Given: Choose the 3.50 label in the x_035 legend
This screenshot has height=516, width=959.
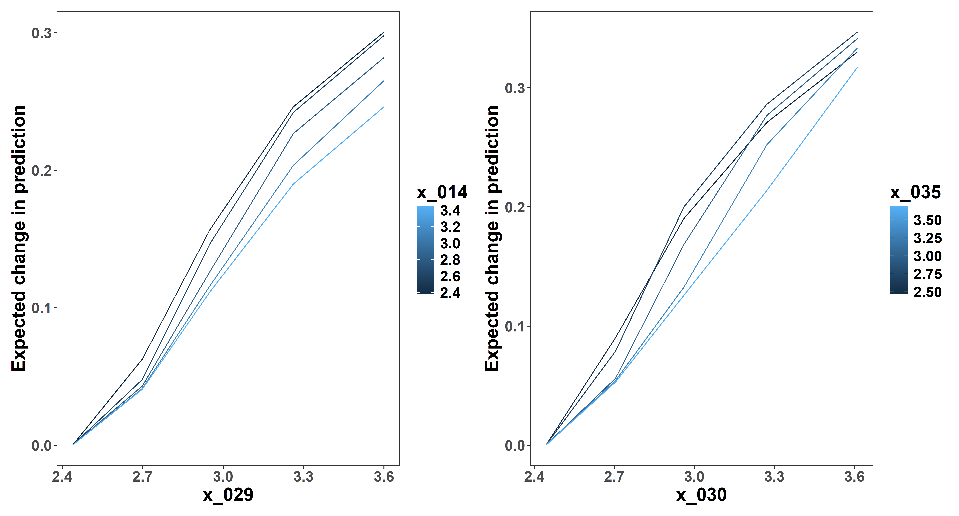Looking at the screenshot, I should [x=927, y=220].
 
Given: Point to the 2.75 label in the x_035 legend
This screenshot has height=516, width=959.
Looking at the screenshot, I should [x=927, y=274].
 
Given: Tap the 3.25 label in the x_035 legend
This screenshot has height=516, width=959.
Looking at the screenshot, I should [x=927, y=238].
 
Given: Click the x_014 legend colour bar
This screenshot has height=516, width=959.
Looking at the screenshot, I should [x=425, y=250].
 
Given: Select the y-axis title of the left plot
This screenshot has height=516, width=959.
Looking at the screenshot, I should [x=19, y=238].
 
